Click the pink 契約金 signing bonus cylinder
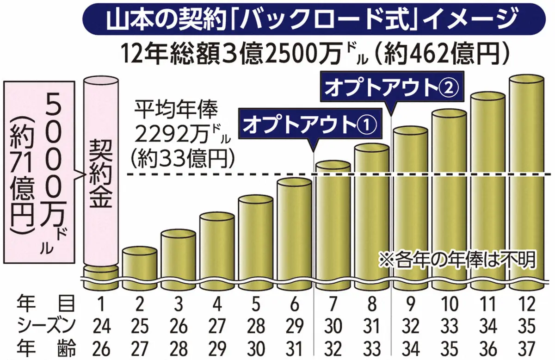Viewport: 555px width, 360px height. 100,171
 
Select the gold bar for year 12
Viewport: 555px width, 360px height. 526,180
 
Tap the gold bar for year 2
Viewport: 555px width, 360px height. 139,264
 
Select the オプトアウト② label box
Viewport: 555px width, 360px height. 391,88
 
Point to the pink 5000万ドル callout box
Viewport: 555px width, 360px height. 38,171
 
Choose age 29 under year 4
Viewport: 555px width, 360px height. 216,347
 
